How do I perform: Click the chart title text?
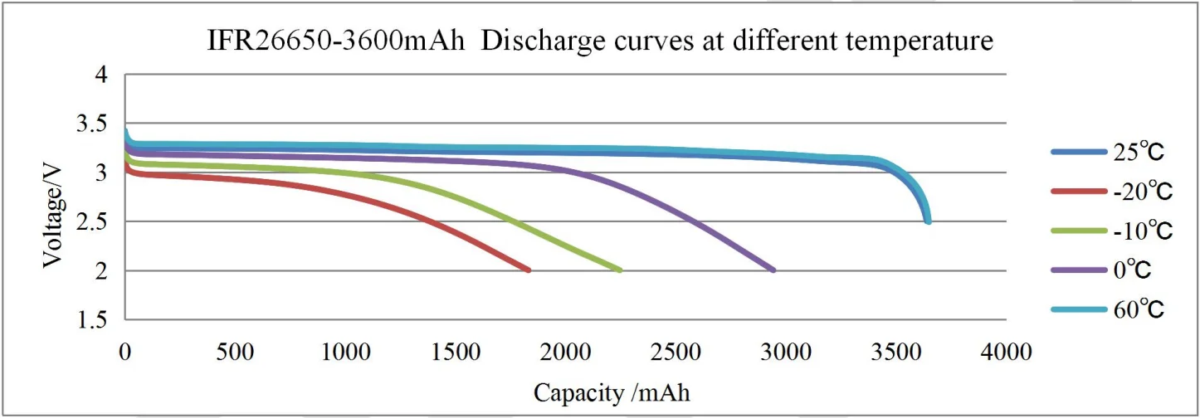tap(600, 40)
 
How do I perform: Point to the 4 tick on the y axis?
tap(101, 75)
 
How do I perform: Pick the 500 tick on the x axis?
tap(235, 352)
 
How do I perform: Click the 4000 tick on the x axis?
tap(1006, 352)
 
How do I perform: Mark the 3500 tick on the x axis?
tap(896, 352)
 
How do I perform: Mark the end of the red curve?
tap(528, 270)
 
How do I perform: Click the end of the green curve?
tap(619, 270)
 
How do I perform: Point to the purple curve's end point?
tap(773, 270)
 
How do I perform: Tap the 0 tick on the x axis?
tap(125, 352)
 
